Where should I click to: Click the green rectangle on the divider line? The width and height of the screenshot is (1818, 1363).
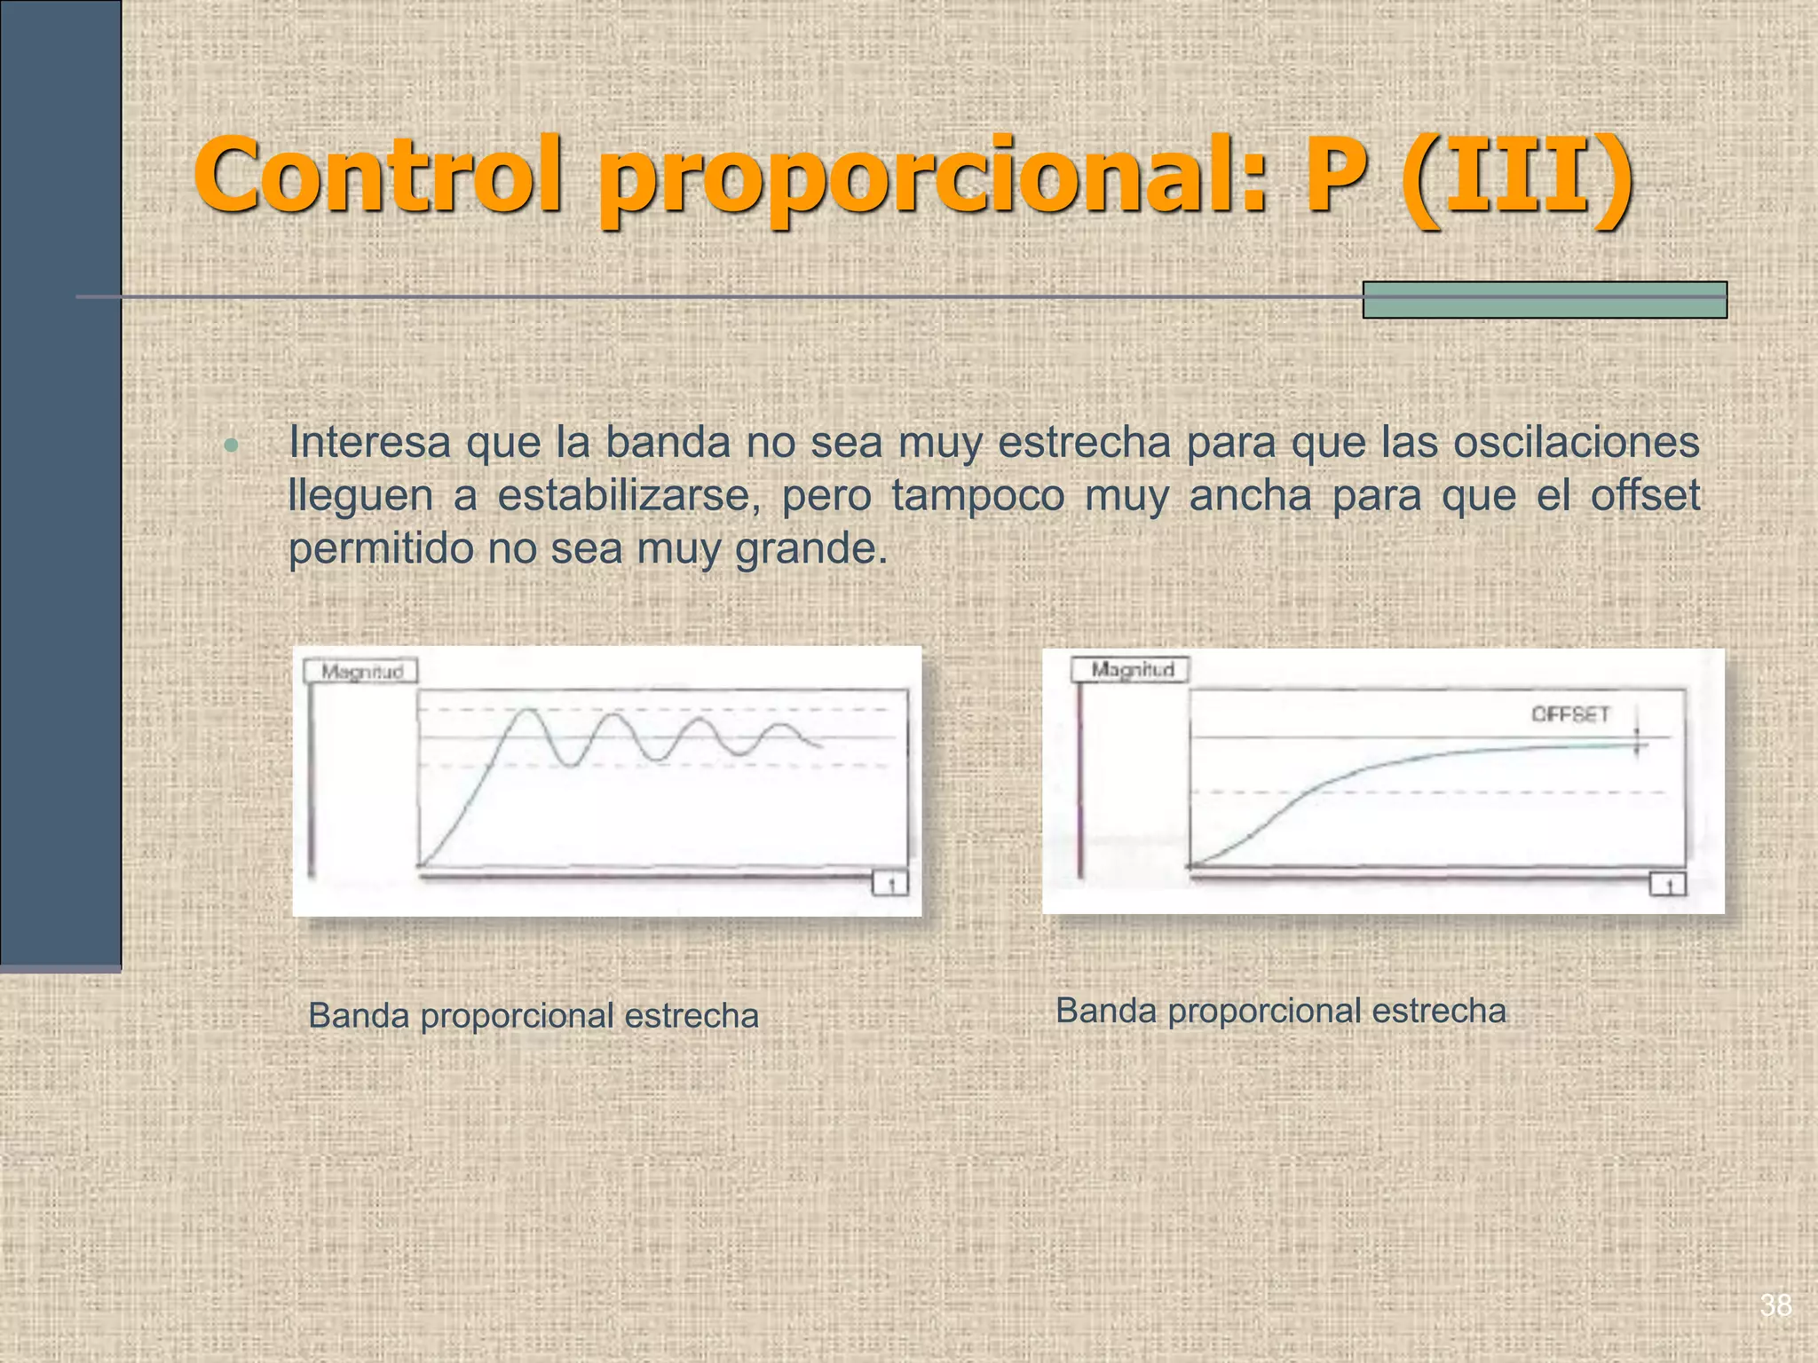point(1544,300)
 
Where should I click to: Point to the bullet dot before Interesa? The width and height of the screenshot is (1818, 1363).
point(232,445)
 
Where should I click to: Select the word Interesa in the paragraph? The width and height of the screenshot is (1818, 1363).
point(369,442)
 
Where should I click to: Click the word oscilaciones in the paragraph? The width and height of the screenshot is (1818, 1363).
point(1576,442)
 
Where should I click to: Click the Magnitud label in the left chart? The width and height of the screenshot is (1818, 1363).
point(361,672)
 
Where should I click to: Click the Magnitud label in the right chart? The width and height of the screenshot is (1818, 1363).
point(1132,670)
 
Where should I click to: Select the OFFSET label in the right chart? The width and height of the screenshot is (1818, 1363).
point(1569,714)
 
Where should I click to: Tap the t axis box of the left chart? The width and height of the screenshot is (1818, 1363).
point(890,885)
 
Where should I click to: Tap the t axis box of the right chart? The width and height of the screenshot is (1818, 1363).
point(1668,885)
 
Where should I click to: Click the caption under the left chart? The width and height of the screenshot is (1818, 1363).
point(534,1016)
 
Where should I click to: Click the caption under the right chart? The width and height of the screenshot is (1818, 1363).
point(1280,1011)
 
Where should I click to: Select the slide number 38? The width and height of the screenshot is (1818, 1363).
point(1775,1305)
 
